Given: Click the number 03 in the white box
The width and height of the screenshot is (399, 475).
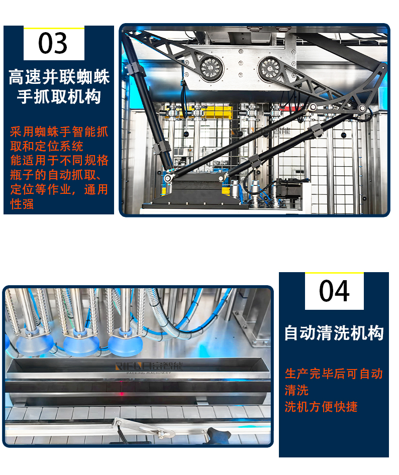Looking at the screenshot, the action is [53, 43].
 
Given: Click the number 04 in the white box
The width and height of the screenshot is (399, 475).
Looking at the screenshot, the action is [334, 291].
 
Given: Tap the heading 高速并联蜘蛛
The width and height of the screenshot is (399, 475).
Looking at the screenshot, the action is [59, 77].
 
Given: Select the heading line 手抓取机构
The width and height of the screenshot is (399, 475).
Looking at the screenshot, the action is [59, 96].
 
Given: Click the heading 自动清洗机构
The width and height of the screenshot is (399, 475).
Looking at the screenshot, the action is [334, 333].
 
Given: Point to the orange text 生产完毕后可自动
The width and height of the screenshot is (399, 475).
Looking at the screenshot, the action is [334, 374].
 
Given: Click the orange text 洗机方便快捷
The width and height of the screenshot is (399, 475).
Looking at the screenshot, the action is [321, 407].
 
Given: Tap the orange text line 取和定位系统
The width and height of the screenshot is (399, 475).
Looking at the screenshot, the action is [47, 146].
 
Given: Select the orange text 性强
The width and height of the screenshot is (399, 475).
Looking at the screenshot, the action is [22, 204].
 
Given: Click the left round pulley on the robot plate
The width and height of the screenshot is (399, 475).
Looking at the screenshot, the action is [212, 68].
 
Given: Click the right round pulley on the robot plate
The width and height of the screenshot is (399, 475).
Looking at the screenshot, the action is [269, 68].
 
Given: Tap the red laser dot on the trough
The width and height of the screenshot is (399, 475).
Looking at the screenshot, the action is [122, 394].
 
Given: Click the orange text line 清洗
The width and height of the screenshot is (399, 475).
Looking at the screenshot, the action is [296, 390].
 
